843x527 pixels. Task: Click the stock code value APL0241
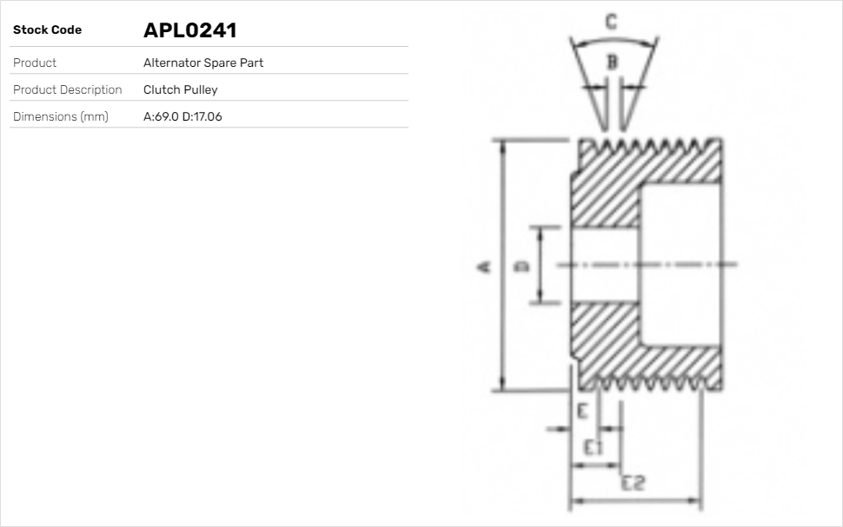pos(189,30)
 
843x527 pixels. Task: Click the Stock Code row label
pos(47,30)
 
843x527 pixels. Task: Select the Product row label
pos(35,63)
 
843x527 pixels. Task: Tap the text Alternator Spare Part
pos(203,63)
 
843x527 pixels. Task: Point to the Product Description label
pos(68,89)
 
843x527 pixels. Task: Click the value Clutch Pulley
pos(181,89)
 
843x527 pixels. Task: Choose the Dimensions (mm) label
pos(61,116)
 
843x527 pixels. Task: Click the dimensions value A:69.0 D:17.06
pos(183,116)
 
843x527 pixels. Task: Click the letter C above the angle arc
pos(612,22)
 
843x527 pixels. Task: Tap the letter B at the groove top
pos(612,62)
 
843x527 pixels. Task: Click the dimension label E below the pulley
pos(582,411)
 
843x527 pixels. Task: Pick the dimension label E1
pos(594,447)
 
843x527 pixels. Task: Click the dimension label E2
pos(633,484)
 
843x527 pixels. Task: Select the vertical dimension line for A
pos(502,266)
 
